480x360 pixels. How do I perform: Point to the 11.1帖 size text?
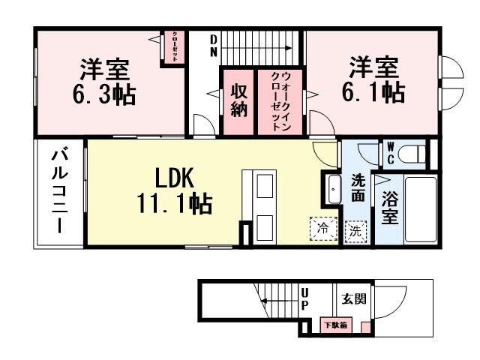(x=173, y=203)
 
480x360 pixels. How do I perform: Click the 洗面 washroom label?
(x=358, y=188)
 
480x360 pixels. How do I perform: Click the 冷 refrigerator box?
(x=322, y=228)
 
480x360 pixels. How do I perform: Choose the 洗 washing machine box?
(x=355, y=231)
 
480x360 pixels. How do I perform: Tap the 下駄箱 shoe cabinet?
(x=334, y=325)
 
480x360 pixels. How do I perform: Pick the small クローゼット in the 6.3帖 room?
(x=174, y=46)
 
